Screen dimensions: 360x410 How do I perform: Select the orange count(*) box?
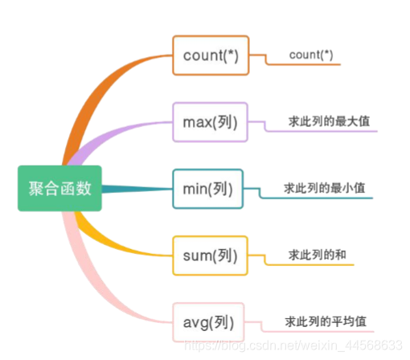(x=209, y=55)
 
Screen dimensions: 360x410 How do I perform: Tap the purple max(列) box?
(x=210, y=122)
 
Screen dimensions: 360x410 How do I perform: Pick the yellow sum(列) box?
(x=210, y=256)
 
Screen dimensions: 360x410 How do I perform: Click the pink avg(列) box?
(x=209, y=323)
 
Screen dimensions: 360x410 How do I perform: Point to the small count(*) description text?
(x=310, y=55)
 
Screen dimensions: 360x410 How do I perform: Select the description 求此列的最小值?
(x=325, y=188)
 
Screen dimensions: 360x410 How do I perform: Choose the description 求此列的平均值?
(x=326, y=321)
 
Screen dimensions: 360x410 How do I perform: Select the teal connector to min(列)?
(x=141, y=190)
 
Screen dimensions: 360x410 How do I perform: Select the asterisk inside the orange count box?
(x=232, y=54)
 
